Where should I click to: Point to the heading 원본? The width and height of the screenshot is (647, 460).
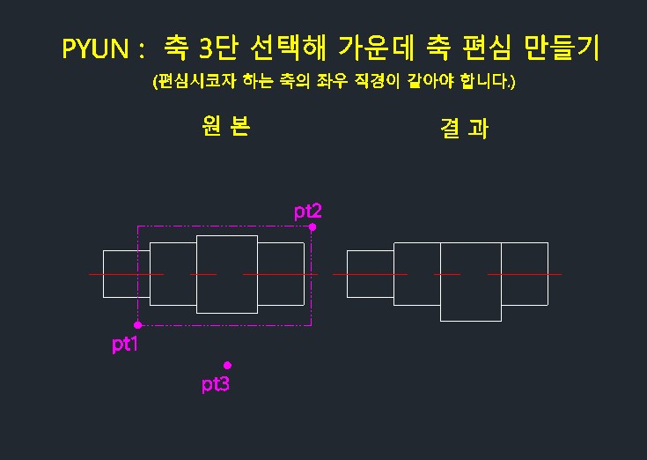(x=226, y=126)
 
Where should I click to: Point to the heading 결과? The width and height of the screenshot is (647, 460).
(x=463, y=129)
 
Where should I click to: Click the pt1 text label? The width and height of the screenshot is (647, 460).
(x=125, y=345)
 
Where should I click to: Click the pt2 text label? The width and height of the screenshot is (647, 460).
(x=308, y=211)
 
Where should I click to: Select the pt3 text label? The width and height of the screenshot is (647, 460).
(x=215, y=384)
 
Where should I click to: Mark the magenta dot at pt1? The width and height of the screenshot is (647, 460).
(x=137, y=325)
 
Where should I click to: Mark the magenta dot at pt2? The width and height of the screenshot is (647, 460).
(x=312, y=226)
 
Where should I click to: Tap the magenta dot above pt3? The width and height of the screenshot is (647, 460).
(x=227, y=365)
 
